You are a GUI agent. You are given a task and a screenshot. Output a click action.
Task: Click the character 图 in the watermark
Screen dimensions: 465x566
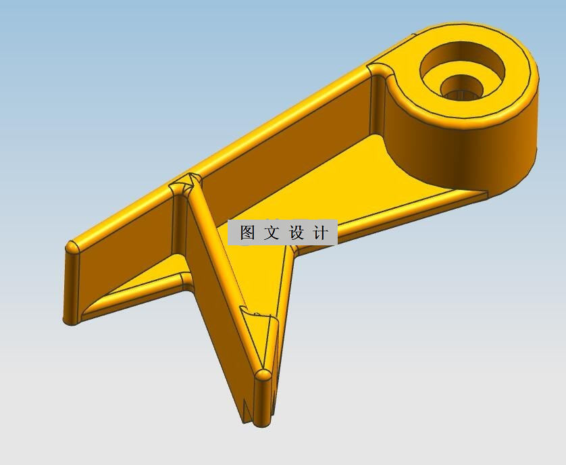click(248, 233)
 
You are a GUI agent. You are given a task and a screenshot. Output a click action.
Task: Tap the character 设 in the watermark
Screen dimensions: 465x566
click(297, 233)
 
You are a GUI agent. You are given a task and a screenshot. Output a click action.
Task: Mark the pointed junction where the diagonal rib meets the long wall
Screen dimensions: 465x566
click(187, 180)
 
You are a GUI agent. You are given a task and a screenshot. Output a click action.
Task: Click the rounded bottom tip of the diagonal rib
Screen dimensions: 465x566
click(263, 375)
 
